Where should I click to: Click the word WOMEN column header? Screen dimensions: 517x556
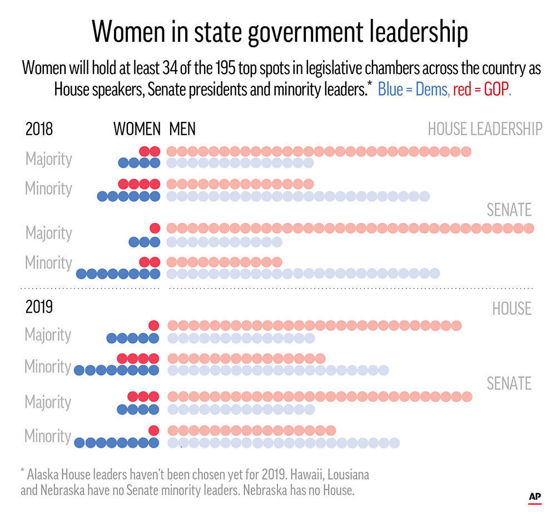(137, 129)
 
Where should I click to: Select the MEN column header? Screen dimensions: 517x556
(182, 129)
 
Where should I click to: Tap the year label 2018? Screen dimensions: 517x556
(39, 129)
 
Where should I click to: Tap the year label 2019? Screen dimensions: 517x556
(39, 307)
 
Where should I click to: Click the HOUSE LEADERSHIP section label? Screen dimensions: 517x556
(485, 129)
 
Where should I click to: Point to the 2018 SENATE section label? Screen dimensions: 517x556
(509, 210)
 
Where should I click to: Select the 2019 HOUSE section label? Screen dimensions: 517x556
(512, 308)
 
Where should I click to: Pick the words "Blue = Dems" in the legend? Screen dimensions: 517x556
(413, 89)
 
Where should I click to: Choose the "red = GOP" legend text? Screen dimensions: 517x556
(480, 89)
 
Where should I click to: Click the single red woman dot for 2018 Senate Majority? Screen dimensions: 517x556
(155, 228)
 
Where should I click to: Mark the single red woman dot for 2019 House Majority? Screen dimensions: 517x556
(154, 326)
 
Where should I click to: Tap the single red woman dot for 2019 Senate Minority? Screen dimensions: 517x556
(154, 430)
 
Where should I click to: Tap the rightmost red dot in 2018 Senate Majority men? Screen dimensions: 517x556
(529, 228)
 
